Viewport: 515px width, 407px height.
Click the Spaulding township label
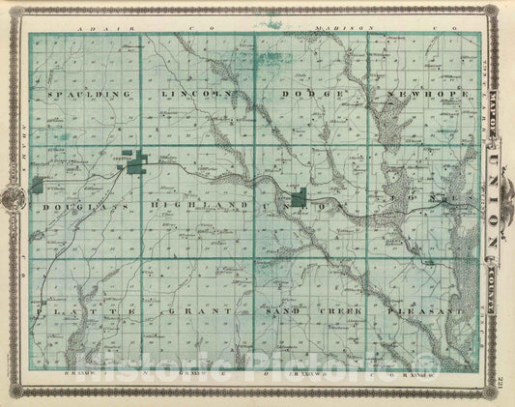click(85, 95)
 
